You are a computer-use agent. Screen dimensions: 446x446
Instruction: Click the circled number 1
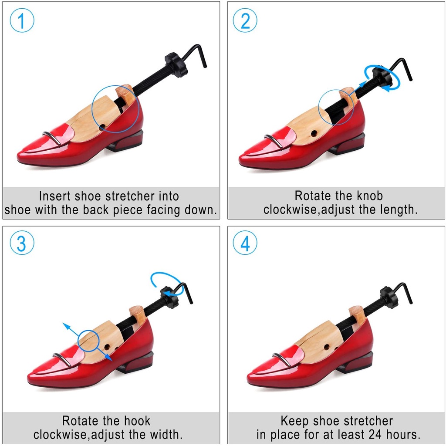pyautogui.click(x=22, y=20)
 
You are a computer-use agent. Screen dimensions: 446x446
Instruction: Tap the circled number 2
pyautogui.click(x=245, y=20)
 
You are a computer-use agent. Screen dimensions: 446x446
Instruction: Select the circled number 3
pyautogui.click(x=22, y=243)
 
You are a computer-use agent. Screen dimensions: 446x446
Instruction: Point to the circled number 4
pyautogui.click(x=245, y=243)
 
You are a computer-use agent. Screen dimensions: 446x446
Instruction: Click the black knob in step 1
pyautogui.click(x=176, y=64)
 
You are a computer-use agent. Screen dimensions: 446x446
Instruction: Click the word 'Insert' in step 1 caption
pyautogui.click(x=54, y=196)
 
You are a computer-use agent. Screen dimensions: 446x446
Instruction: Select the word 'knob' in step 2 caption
pyautogui.click(x=370, y=196)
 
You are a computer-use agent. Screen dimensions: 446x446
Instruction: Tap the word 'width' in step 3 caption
pyautogui.click(x=165, y=435)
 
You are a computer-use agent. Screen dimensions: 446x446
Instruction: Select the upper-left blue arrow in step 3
pyautogui.click(x=71, y=330)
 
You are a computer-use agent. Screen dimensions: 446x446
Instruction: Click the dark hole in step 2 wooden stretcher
pyautogui.click(x=314, y=133)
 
